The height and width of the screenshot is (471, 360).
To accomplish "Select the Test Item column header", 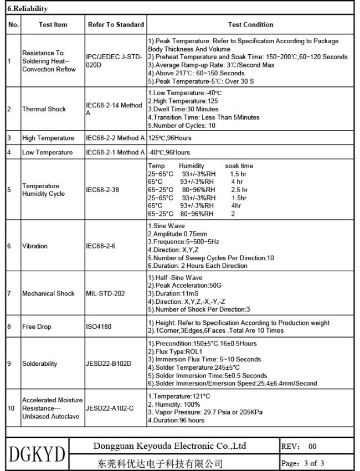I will click(x=53, y=24).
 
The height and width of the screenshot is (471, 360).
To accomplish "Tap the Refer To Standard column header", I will click(x=116, y=24).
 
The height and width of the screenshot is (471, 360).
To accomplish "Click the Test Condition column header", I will click(x=250, y=24).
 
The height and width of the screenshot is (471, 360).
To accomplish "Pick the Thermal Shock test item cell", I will click(x=44, y=109).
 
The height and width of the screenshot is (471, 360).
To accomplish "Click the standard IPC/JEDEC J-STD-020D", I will click(x=115, y=61).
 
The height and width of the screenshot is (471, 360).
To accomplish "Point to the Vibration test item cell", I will click(x=35, y=246).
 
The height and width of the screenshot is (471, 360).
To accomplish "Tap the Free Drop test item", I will click(x=37, y=327).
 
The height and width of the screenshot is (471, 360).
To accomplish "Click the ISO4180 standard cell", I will click(x=99, y=327).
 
